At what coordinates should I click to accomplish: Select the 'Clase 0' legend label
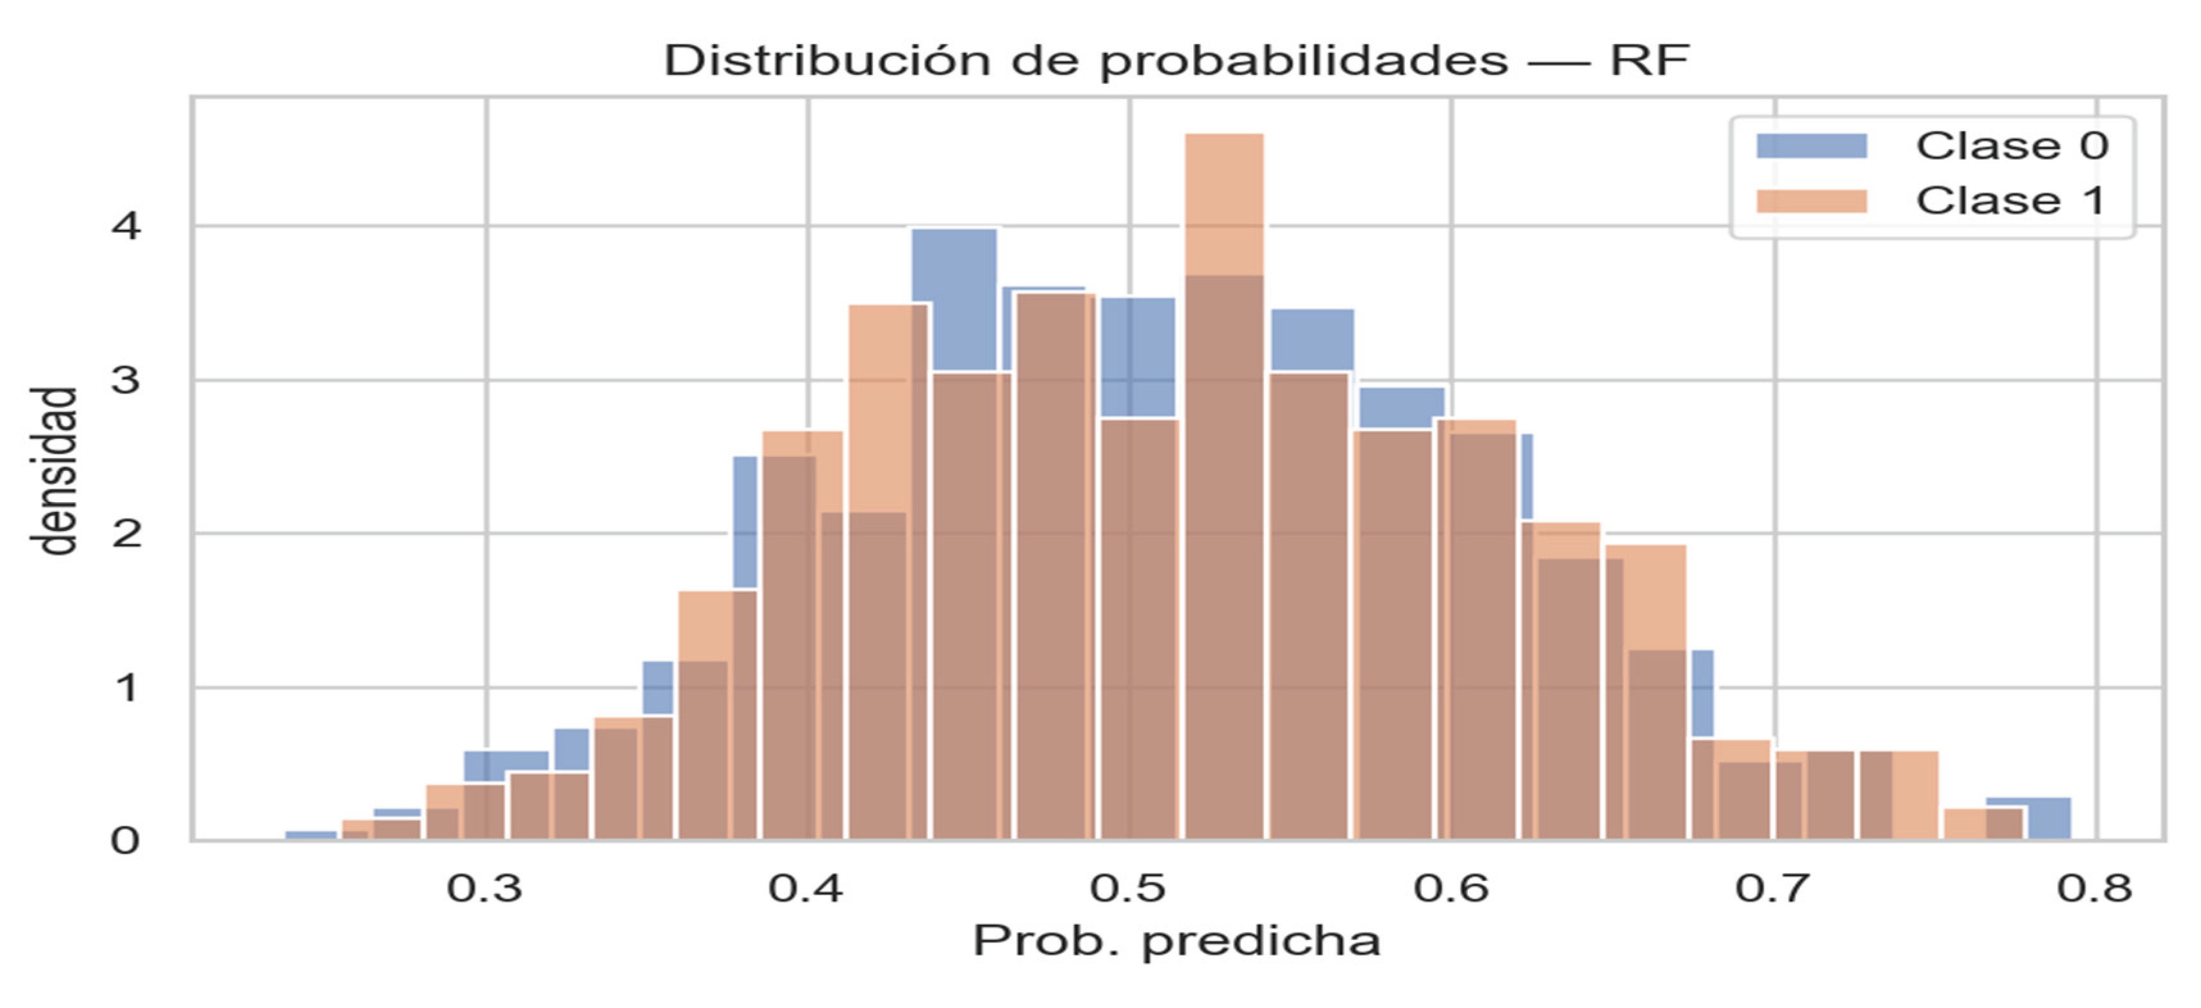[2012, 146]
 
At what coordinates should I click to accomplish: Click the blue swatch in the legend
[1811, 146]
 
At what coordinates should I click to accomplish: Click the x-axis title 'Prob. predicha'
[1177, 941]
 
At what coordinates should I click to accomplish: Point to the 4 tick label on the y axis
[126, 227]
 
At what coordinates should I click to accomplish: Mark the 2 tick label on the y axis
[126, 534]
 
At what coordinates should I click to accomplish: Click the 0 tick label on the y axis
[126, 841]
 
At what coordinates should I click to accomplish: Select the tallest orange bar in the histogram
[1224, 205]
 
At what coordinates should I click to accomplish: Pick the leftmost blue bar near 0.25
[311, 834]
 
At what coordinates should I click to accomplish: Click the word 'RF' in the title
[1649, 62]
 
